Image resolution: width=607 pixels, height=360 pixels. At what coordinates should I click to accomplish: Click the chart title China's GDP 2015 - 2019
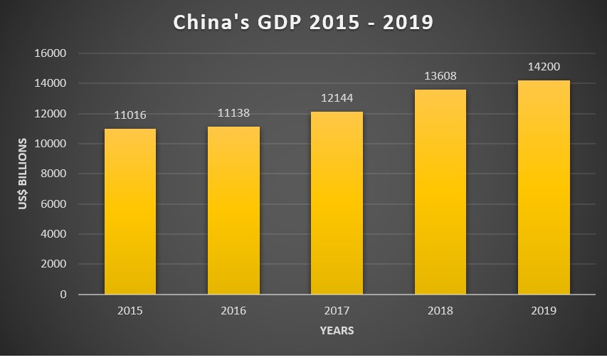(303, 22)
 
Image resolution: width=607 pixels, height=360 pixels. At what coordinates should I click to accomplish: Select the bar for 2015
(130, 211)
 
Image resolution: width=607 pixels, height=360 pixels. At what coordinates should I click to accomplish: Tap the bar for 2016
(233, 211)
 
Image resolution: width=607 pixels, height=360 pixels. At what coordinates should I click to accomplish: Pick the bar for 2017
(337, 203)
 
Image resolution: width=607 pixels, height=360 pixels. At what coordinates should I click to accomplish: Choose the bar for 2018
(440, 192)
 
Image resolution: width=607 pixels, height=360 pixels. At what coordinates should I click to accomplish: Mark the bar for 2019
(544, 187)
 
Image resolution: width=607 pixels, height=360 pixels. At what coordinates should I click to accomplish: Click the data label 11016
(130, 116)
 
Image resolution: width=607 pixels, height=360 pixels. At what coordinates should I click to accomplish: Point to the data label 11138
(233, 113)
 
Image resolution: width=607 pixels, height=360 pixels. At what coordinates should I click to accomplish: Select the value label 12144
(337, 98)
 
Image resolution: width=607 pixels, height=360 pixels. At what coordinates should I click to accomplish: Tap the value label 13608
(440, 76)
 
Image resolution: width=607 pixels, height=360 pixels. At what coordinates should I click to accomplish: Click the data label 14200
(544, 67)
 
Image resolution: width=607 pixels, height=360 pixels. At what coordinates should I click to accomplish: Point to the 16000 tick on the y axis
(51, 53)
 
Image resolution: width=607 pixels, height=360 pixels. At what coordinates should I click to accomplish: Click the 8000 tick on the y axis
(54, 174)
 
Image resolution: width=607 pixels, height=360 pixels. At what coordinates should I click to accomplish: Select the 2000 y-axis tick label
(54, 264)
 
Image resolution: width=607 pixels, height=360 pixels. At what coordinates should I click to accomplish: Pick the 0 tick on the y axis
(63, 294)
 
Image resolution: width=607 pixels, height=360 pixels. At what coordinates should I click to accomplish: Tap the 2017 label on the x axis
(337, 310)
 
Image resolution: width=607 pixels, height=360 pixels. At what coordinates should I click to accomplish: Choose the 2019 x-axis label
(544, 310)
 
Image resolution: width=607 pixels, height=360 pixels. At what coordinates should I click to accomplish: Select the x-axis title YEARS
(337, 330)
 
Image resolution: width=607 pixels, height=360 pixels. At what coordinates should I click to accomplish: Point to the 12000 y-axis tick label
(51, 114)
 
